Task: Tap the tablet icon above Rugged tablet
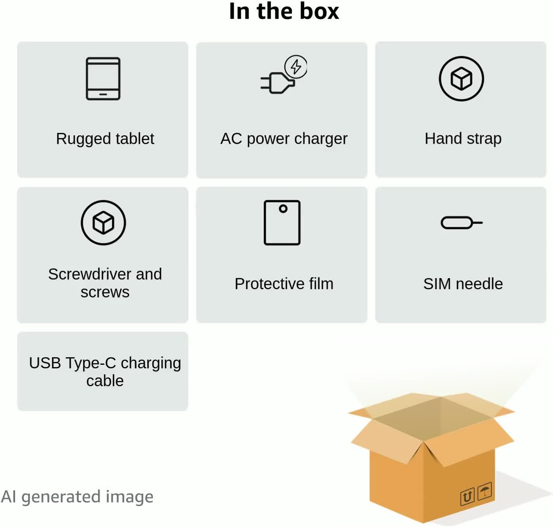point(103,79)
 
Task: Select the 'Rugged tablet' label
point(105,139)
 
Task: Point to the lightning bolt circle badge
point(296,66)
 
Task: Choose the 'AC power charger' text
point(284,139)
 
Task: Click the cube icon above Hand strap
point(461,79)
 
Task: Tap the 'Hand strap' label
point(463,139)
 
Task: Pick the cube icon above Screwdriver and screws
point(103,223)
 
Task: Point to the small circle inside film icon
point(283,209)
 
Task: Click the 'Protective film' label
point(284,284)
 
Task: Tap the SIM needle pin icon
point(461,223)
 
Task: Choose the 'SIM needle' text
point(463,284)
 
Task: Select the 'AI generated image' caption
point(77,497)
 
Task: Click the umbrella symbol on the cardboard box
point(485,491)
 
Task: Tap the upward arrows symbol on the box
point(467,497)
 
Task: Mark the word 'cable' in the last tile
point(105,381)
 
